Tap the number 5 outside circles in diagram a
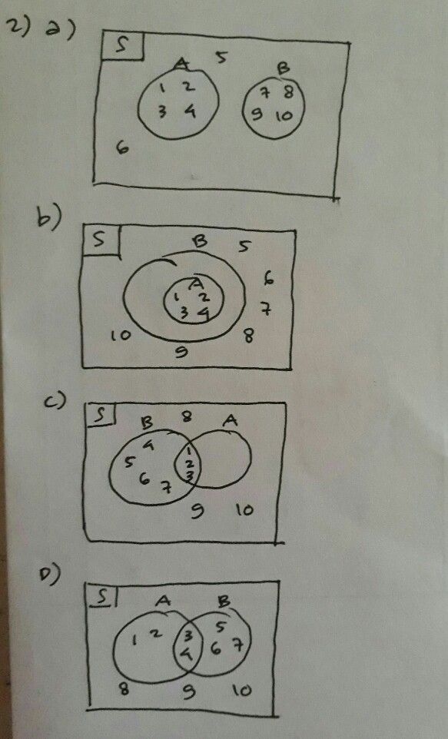pos(221,57)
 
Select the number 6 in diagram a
pos(122,147)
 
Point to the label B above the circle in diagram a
pos(282,69)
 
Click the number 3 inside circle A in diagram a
pos(162,112)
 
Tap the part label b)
pos(48,219)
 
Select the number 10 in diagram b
pos(120,336)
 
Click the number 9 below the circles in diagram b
pos(181,353)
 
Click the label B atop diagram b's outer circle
pos(199,241)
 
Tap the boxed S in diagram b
pos(100,240)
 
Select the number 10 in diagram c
pos(244,508)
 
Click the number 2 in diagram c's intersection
pos(190,465)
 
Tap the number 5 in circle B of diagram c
pos(130,462)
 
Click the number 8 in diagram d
pos(123,688)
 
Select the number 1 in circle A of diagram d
pos(136,638)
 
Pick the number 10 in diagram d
pos(241,691)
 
